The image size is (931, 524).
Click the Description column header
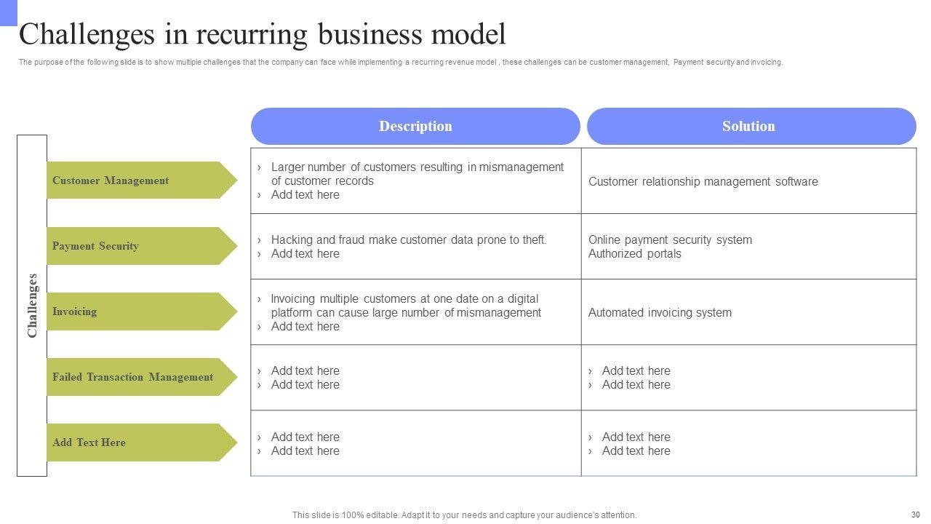click(x=415, y=126)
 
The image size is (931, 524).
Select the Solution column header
click(x=748, y=126)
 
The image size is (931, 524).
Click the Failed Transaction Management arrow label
click(x=132, y=377)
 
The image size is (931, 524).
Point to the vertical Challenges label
click(x=32, y=306)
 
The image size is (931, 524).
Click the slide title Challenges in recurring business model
click(x=263, y=34)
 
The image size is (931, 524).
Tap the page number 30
click(x=915, y=514)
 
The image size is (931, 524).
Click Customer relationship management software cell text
click(x=703, y=181)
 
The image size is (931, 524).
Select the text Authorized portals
click(x=634, y=253)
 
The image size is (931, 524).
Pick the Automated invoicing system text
click(x=660, y=312)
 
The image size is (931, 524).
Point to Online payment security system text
click(x=670, y=239)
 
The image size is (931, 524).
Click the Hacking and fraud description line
click(x=408, y=239)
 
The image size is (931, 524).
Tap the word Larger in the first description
click(x=287, y=167)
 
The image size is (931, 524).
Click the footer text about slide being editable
click(x=464, y=515)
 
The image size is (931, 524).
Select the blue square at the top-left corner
click(x=8, y=12)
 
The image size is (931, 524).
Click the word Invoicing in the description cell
click(x=293, y=298)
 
